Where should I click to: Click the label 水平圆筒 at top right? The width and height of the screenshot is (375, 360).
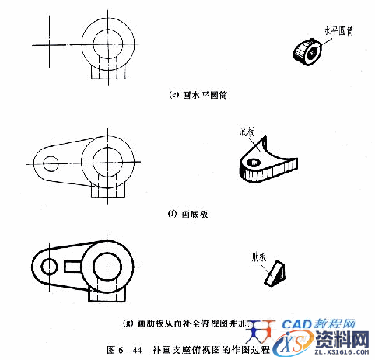[x=338, y=30]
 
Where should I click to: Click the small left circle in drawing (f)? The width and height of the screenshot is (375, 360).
[x=51, y=164]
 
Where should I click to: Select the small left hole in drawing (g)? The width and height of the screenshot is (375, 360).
[x=48, y=266]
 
